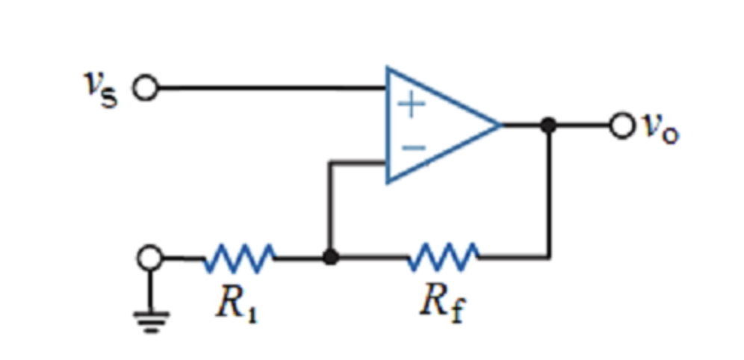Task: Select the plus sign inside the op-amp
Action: coord(410,105)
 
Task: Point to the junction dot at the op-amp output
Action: coord(549,125)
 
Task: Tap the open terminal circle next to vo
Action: coord(621,126)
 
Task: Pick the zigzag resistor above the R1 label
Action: coord(240,258)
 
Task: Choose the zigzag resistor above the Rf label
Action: coord(442,258)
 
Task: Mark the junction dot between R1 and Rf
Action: coord(329,258)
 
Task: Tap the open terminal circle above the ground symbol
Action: coord(152,258)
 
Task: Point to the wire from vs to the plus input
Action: coord(269,89)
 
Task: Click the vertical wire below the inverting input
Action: coord(329,209)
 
